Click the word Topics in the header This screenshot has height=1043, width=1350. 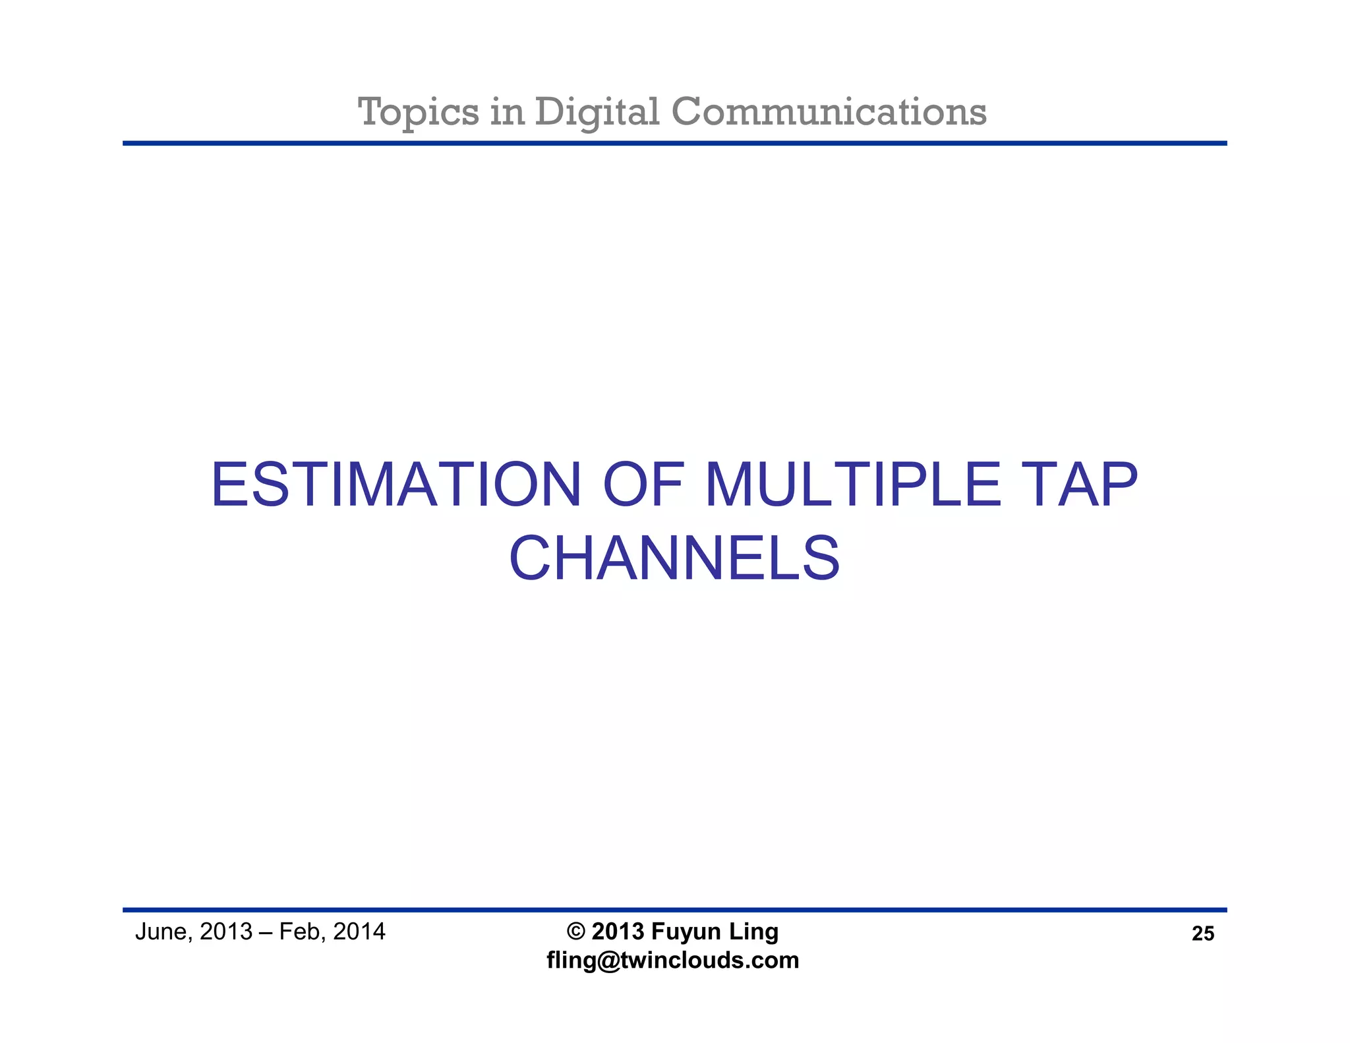[418, 112]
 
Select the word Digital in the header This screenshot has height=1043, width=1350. [597, 112]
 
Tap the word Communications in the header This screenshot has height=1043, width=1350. [829, 112]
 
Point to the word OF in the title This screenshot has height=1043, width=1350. [642, 486]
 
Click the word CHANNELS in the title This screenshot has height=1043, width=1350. [674, 559]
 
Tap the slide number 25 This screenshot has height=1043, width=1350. [1202, 934]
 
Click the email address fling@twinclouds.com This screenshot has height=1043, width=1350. [672, 960]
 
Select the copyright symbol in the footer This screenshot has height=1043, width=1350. [575, 932]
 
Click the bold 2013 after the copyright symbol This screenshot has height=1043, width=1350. [618, 932]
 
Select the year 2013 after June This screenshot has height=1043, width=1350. [226, 932]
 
